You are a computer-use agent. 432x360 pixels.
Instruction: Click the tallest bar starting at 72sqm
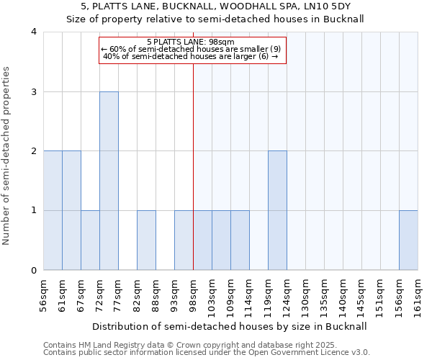point(109,181)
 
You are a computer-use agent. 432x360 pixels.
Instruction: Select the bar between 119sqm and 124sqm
point(277,210)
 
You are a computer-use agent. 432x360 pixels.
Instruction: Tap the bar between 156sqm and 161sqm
point(408,240)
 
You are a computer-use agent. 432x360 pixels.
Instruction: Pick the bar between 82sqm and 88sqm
point(146,240)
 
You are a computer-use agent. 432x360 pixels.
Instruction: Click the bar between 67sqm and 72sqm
point(90,240)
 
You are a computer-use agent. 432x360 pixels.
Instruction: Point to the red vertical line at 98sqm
point(193,166)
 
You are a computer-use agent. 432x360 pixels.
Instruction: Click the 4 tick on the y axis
point(34,32)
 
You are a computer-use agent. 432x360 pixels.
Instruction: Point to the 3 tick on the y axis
point(34,91)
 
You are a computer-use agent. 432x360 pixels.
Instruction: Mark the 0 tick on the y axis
point(34,271)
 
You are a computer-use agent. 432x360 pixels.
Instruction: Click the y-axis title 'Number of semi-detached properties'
point(6,156)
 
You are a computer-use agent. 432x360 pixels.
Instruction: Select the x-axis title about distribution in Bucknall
point(230,327)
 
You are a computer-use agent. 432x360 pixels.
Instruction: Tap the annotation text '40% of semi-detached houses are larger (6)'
point(191,56)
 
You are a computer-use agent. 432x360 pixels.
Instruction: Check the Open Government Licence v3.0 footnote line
point(207,353)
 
